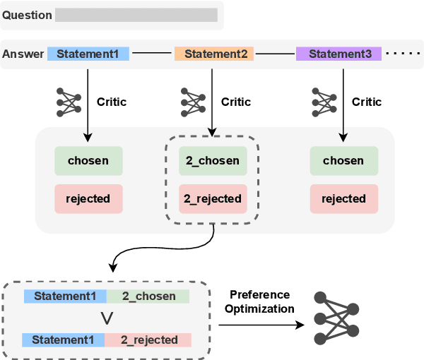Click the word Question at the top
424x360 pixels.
27,15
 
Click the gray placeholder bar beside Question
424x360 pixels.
136,15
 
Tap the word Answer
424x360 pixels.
23,54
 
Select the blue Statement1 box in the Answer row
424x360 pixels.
88,54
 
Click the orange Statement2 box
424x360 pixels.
216,54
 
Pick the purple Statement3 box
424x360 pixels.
339,54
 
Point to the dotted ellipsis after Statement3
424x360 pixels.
404,54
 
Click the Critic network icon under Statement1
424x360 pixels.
69,102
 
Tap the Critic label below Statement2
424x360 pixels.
236,102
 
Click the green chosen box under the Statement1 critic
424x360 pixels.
88,160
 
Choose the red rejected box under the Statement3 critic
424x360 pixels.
343,198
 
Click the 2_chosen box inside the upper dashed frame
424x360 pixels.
212,160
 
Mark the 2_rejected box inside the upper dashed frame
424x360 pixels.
212,198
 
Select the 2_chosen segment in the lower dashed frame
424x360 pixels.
148,296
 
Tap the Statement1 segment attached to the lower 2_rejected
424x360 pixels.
64,340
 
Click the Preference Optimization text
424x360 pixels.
261,301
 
